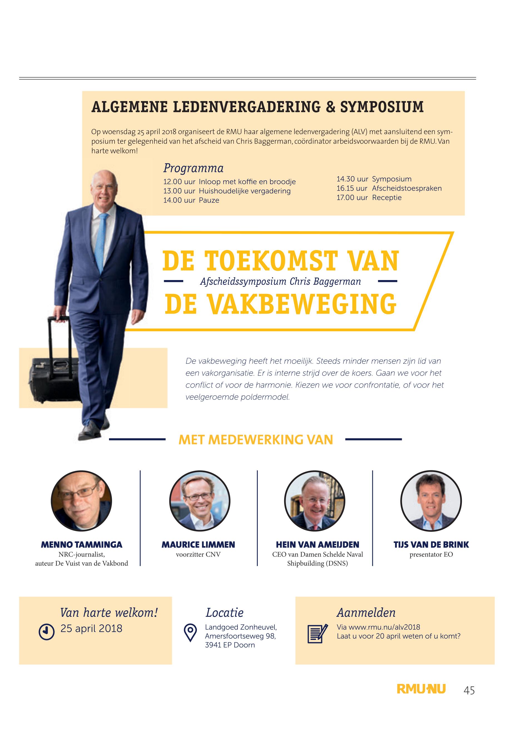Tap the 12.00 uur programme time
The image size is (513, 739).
point(179,182)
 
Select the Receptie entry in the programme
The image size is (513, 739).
point(387,198)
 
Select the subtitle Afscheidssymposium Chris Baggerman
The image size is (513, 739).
point(280,282)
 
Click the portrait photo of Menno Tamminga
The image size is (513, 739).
point(81,501)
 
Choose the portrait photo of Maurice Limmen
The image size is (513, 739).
point(200,501)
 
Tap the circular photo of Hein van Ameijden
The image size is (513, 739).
point(315,501)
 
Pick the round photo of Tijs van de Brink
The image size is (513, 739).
point(431,501)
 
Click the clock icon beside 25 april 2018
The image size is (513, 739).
point(46,632)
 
